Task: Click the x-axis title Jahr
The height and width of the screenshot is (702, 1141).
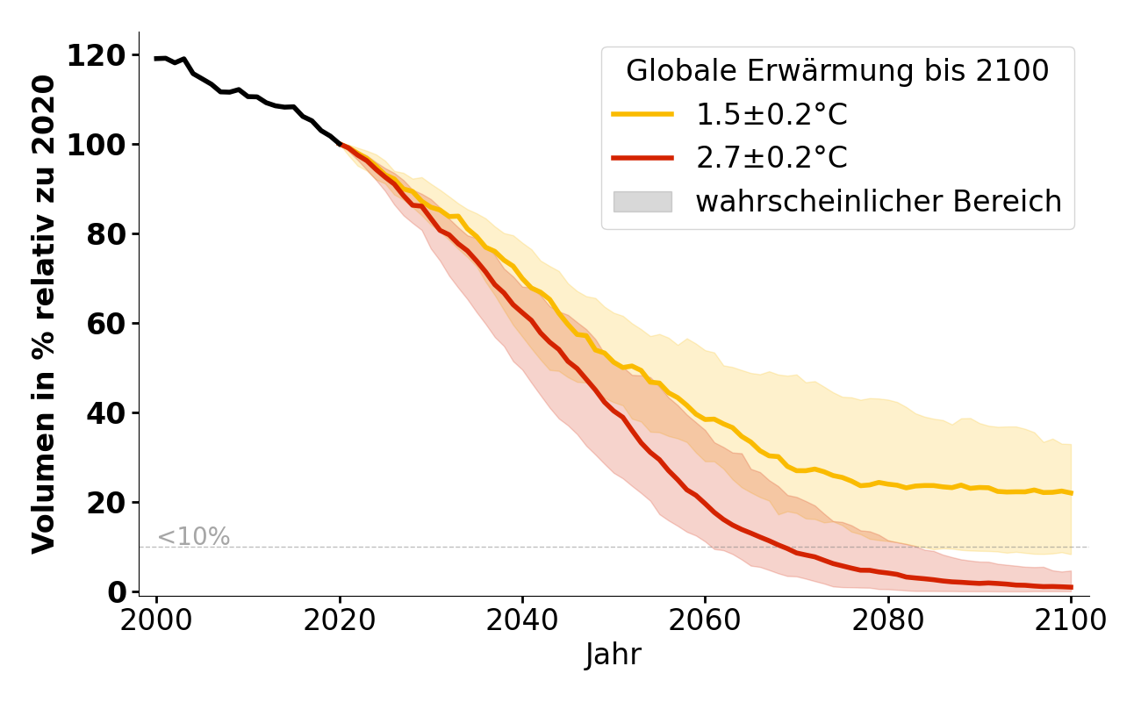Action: point(614,655)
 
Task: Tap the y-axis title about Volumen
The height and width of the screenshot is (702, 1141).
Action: point(44,313)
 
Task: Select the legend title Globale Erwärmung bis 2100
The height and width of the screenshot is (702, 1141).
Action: point(837,71)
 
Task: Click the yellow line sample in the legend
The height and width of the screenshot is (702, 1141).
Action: point(642,114)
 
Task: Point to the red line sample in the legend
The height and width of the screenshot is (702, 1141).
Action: point(642,158)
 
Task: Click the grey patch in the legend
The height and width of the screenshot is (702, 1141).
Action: point(642,202)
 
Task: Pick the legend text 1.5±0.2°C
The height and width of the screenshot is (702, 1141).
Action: point(771,114)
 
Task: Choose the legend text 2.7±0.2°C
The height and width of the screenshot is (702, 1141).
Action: point(771,158)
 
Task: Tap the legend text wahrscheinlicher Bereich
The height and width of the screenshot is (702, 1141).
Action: point(879,202)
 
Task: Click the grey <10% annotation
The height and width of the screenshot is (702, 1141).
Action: point(193,537)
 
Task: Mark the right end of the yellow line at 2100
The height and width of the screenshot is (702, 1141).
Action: point(1071,493)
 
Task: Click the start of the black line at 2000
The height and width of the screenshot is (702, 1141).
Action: point(157,59)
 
